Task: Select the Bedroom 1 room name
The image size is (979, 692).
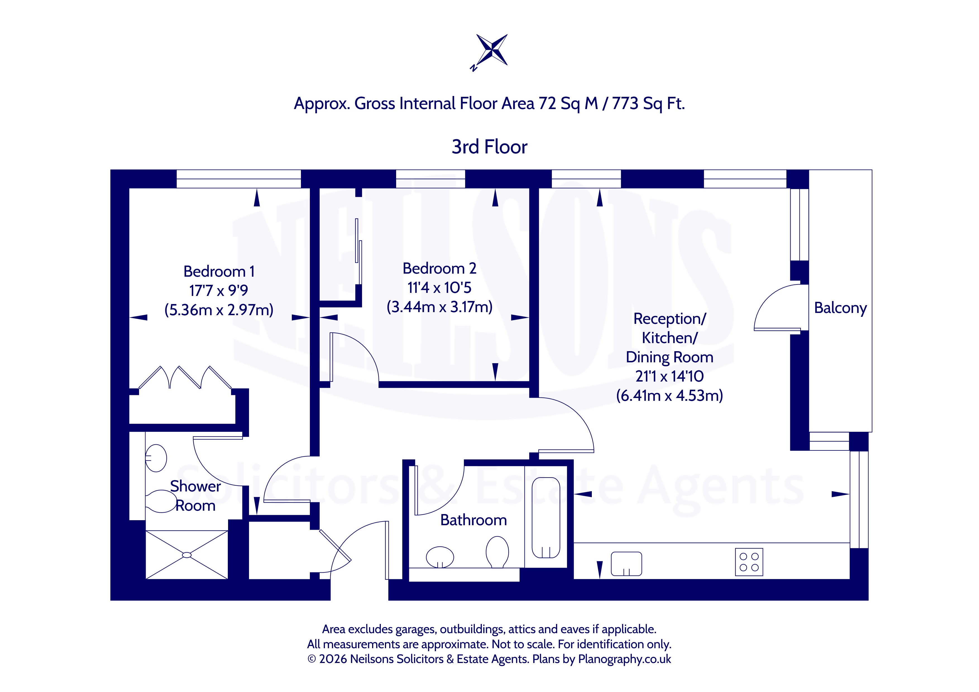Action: pyautogui.click(x=219, y=271)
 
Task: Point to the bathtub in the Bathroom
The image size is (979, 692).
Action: pyautogui.click(x=546, y=518)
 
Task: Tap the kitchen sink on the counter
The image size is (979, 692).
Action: pyautogui.click(x=626, y=564)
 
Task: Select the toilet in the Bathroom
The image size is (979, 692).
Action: pyautogui.click(x=497, y=552)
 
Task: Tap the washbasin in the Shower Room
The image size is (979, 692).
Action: pyautogui.click(x=156, y=458)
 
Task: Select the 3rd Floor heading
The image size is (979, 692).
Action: pyautogui.click(x=490, y=147)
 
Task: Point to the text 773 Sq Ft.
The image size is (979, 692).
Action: pyautogui.click(x=648, y=103)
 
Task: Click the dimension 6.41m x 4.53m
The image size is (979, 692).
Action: pyautogui.click(x=669, y=396)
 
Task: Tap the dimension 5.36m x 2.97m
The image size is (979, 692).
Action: pyautogui.click(x=219, y=310)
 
